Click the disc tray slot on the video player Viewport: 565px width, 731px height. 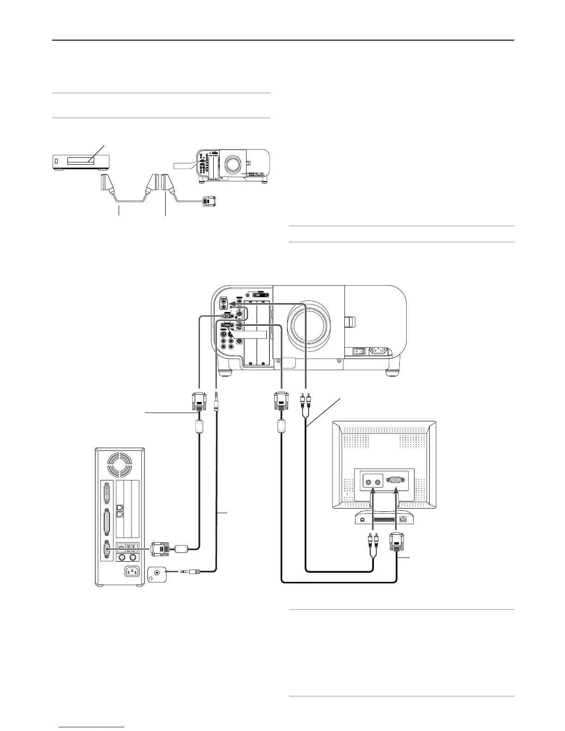[81, 161]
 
